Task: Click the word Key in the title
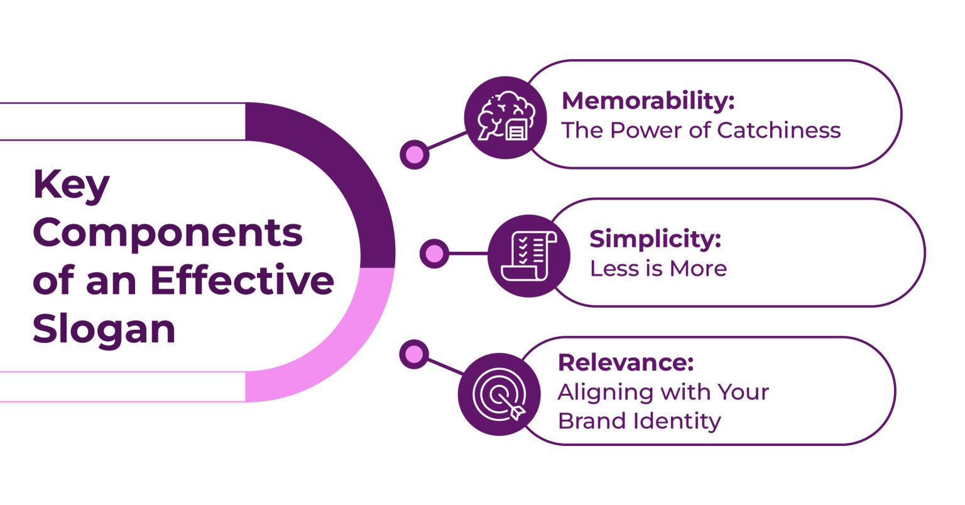(x=71, y=185)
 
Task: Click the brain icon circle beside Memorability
(x=506, y=117)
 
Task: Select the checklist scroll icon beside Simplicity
(x=529, y=256)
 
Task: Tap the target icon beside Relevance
(x=499, y=394)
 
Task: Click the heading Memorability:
(x=648, y=100)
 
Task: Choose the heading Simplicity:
(x=655, y=239)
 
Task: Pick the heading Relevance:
(x=626, y=362)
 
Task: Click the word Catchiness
(x=778, y=130)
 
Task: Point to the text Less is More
(x=658, y=268)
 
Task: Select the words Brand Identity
(x=639, y=420)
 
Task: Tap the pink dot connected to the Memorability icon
(x=415, y=154)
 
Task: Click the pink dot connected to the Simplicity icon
(x=434, y=254)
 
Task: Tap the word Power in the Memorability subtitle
(x=641, y=130)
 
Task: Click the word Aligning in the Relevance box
(x=604, y=393)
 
